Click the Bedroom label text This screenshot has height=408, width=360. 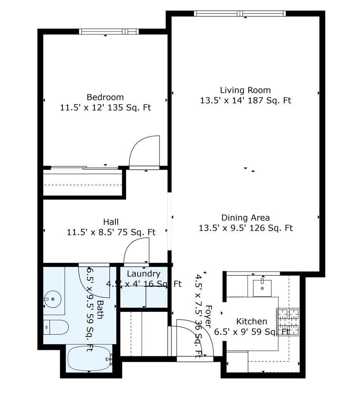[105, 97]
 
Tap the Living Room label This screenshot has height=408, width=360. [245, 90]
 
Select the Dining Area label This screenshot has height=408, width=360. [245, 218]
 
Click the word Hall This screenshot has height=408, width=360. [111, 222]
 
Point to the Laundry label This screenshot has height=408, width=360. [143, 274]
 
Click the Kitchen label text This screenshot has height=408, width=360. [252, 322]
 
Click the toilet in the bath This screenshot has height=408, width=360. [57, 327]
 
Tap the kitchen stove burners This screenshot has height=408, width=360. [288, 322]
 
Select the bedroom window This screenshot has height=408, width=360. [109, 31]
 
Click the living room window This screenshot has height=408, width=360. [240, 14]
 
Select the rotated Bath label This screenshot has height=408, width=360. [100, 310]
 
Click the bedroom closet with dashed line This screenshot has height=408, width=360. [83, 184]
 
